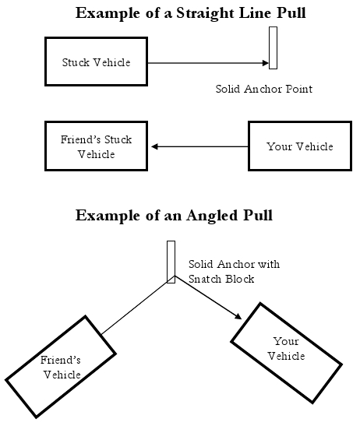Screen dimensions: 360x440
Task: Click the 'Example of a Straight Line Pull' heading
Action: [x=191, y=13]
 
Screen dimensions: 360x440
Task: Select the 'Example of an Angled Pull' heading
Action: [x=174, y=216]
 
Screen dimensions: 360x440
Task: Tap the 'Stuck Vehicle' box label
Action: [x=96, y=62]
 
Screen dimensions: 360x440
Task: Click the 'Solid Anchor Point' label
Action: [x=264, y=89]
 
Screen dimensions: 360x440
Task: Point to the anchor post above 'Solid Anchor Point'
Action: [x=273, y=48]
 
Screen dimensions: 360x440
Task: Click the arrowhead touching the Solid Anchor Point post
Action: [x=266, y=63]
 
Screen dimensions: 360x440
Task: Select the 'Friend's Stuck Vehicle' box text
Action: [x=96, y=146]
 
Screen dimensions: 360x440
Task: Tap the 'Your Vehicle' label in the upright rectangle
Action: [x=300, y=146]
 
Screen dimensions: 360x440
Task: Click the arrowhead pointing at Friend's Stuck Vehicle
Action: [x=154, y=146]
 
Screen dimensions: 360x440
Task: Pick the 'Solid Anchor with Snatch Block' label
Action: [x=234, y=271]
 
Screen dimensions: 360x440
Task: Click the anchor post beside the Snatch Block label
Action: [x=171, y=262]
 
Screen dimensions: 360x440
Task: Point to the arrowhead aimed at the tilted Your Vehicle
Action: [x=238, y=316]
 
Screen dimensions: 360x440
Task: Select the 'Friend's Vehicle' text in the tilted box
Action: [x=61, y=367]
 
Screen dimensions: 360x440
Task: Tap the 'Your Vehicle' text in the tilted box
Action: [x=286, y=349]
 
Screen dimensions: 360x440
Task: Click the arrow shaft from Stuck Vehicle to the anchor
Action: [x=205, y=63]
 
